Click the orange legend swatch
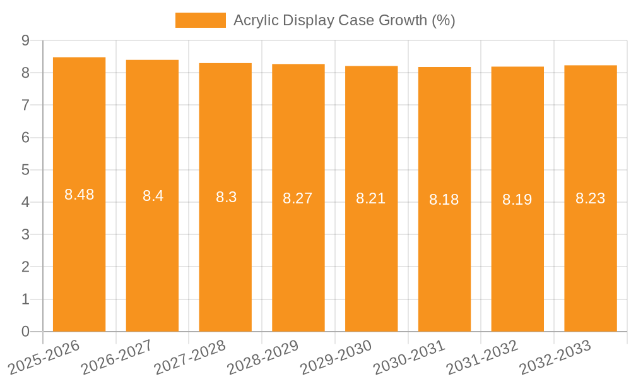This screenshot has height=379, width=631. point(200,20)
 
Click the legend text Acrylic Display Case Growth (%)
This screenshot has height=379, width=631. point(344,20)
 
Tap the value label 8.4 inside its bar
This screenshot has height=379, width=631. point(153,196)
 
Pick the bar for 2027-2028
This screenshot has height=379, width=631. point(225,253)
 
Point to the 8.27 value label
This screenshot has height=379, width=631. point(298,198)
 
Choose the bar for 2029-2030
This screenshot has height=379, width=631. point(371,253)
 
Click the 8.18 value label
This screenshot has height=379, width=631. point(444,200)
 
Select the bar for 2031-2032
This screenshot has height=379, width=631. point(517,253)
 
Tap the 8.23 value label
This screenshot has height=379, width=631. point(590,198)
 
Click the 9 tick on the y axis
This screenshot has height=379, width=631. point(25,40)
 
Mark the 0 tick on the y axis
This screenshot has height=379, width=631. point(25,332)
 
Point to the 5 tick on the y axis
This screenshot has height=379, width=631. point(25,170)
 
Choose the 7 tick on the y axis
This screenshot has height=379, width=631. point(25,105)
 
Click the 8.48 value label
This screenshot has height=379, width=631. point(79,195)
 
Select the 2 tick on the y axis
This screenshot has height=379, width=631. point(25,267)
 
